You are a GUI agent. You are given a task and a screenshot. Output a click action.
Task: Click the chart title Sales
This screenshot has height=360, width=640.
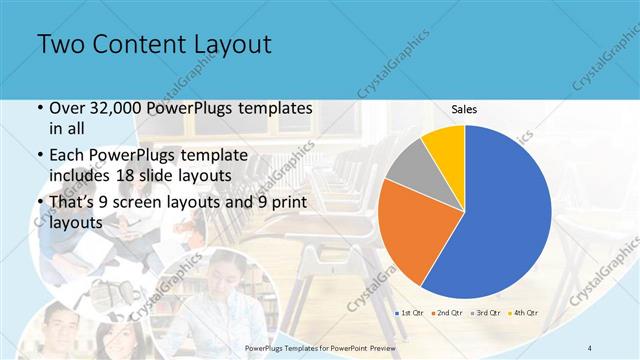[x=464, y=109]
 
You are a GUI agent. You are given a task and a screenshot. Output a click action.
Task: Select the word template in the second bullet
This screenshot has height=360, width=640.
[x=226, y=156]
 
